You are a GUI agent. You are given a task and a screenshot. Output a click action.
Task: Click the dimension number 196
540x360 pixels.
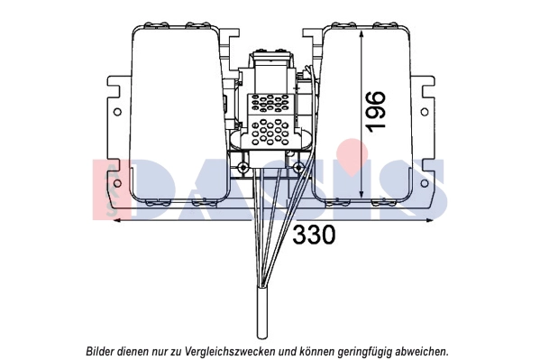coord(377,110)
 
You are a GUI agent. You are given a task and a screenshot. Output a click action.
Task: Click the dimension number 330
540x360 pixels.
coord(315,235)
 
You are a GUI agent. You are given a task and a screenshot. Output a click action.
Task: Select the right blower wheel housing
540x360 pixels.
coord(365,113)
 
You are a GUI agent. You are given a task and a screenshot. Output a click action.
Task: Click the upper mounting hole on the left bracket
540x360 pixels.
coord(117,112)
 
